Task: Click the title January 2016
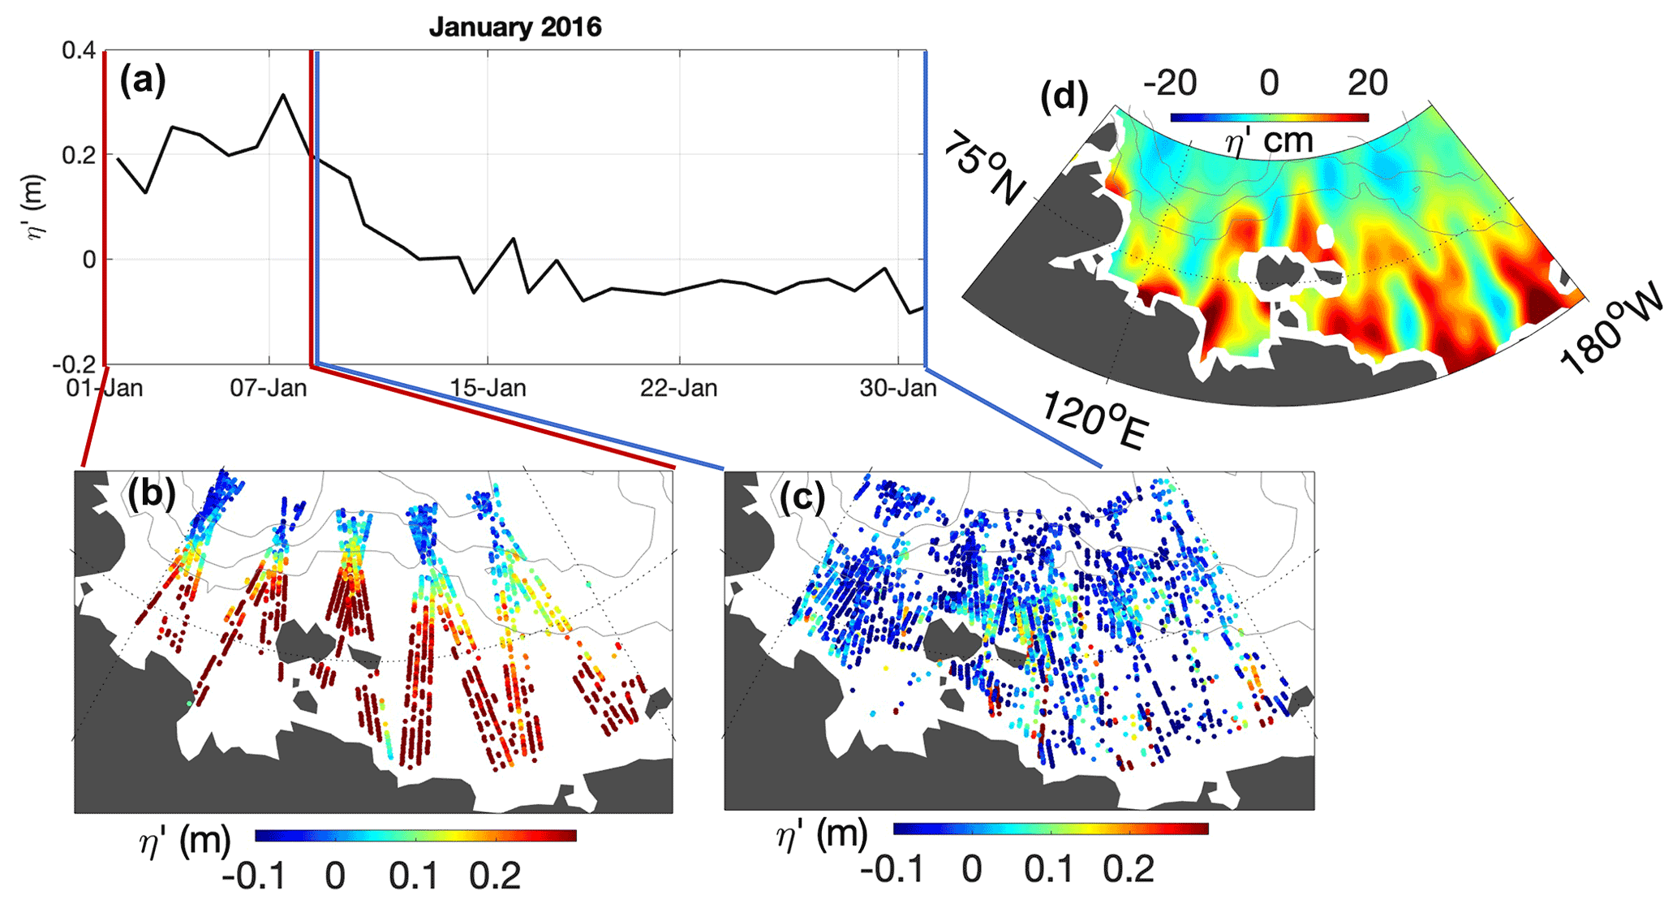tap(515, 27)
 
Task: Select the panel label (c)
tap(803, 496)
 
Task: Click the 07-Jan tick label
tap(269, 388)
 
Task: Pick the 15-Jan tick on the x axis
tap(488, 388)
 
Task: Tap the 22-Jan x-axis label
tap(679, 388)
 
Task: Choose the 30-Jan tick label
tap(898, 388)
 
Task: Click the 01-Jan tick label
tap(105, 388)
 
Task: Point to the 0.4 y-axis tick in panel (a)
tap(79, 50)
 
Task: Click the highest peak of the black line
tap(282, 95)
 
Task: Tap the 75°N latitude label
tap(983, 167)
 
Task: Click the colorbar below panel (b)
tap(415, 835)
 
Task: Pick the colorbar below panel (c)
tap(1051, 829)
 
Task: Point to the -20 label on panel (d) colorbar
tap(1169, 83)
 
